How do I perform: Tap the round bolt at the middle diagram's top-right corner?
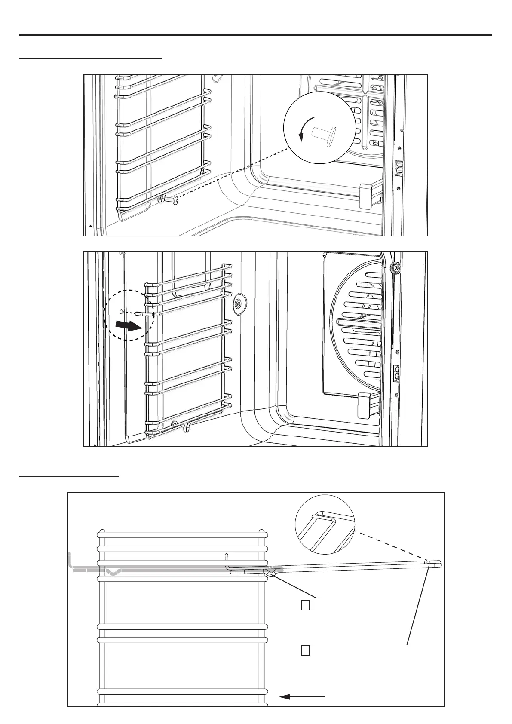pos(393,269)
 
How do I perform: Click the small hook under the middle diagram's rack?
pos(187,427)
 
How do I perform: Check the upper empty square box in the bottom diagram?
pos(306,605)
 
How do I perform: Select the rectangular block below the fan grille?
pos(365,405)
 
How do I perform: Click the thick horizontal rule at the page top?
pos(255,35)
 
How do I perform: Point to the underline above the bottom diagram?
pos(69,476)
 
